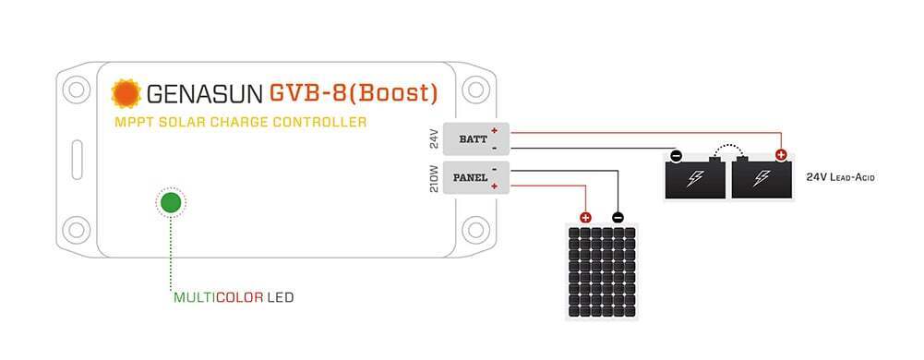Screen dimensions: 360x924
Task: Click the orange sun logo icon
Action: point(124,93)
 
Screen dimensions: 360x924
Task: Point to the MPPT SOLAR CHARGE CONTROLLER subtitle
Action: point(240,122)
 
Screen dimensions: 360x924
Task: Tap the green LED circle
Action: point(171,203)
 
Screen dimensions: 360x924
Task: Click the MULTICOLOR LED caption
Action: point(234,298)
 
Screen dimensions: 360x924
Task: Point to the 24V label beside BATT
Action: point(434,139)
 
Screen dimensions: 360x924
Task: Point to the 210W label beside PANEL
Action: point(434,176)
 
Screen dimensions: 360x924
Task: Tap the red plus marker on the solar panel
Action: point(585,218)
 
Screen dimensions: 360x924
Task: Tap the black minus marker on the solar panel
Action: point(618,218)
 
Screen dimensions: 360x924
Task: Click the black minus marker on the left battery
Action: point(676,156)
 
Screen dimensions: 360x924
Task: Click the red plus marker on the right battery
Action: point(781,156)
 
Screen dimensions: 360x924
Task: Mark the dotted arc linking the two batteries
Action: point(729,147)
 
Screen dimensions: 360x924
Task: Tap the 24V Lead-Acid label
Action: point(839,176)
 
